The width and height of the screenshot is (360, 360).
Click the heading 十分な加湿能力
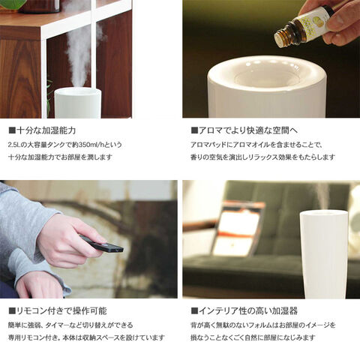pos(46,130)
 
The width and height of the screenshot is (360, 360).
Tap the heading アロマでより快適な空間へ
pos(248,130)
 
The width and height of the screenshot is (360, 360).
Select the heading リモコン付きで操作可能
pos(61,311)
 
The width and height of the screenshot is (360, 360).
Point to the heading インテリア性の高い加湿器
pos(248,311)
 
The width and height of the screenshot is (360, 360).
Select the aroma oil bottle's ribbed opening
pos(284,37)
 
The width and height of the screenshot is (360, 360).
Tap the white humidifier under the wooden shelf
pos(78,103)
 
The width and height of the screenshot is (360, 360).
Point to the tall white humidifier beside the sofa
pos(324,253)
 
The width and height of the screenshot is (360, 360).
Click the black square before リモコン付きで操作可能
pos(12,311)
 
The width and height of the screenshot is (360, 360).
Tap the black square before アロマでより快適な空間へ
pos(194,130)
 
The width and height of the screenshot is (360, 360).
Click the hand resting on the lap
pos(40,284)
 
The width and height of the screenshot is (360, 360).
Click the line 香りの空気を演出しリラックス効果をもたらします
pos(262,157)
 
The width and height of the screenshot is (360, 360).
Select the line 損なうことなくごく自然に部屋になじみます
pos(253,337)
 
